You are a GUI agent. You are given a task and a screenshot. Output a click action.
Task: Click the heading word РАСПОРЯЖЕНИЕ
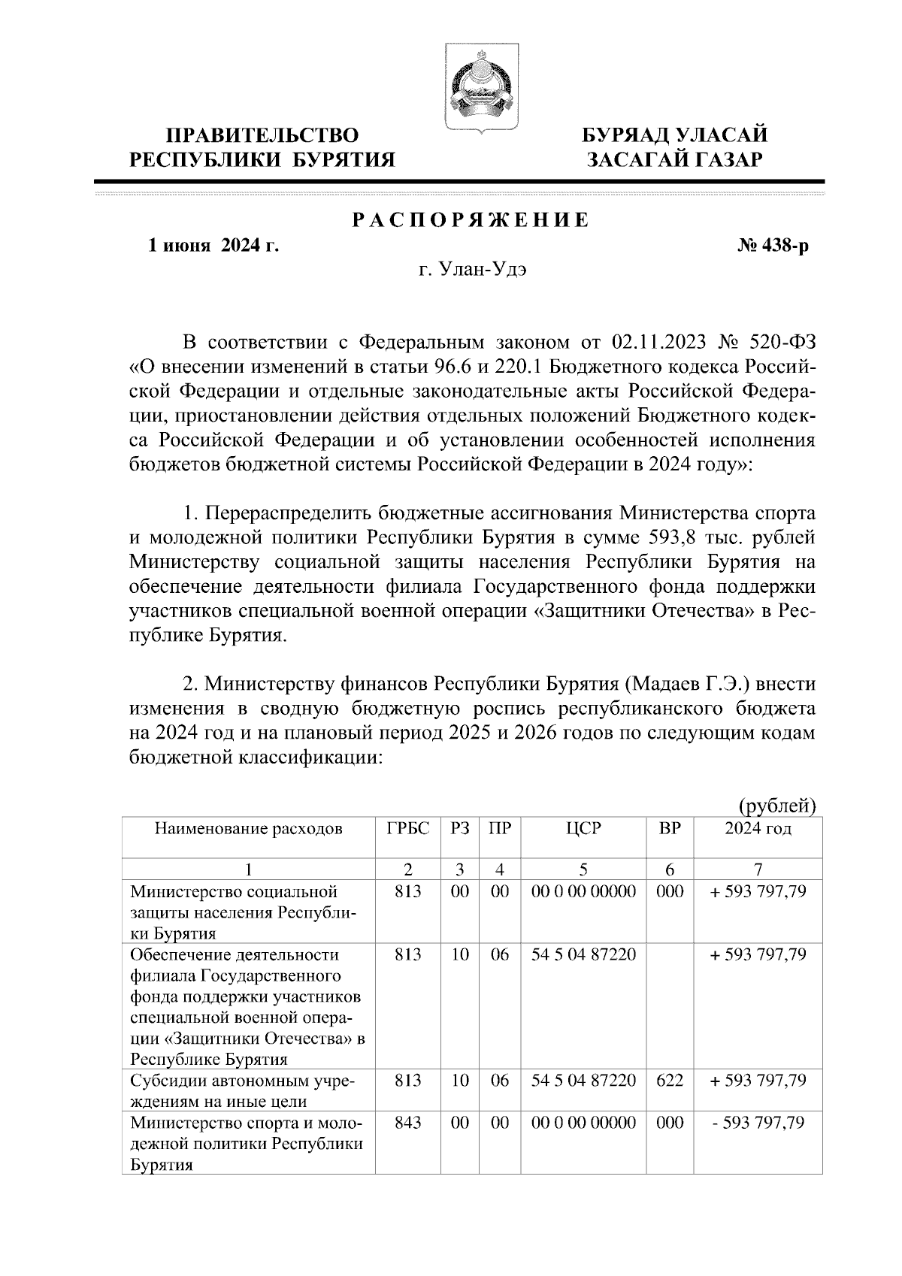pos(471,221)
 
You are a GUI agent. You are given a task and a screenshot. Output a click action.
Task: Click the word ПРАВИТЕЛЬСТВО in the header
pos(262,136)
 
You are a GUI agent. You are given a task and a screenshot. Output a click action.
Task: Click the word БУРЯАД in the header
pos(628,136)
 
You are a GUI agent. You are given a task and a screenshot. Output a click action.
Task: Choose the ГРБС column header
pos(407,829)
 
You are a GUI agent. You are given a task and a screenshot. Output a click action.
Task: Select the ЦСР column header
pos(583,829)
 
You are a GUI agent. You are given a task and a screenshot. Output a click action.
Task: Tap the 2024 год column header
pos(758,829)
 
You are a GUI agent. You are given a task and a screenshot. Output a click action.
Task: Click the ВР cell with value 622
pos(670,1081)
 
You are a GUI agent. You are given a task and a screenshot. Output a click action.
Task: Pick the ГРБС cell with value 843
pos(407,1123)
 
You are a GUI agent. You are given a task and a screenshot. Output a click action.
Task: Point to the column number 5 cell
pos(583,870)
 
